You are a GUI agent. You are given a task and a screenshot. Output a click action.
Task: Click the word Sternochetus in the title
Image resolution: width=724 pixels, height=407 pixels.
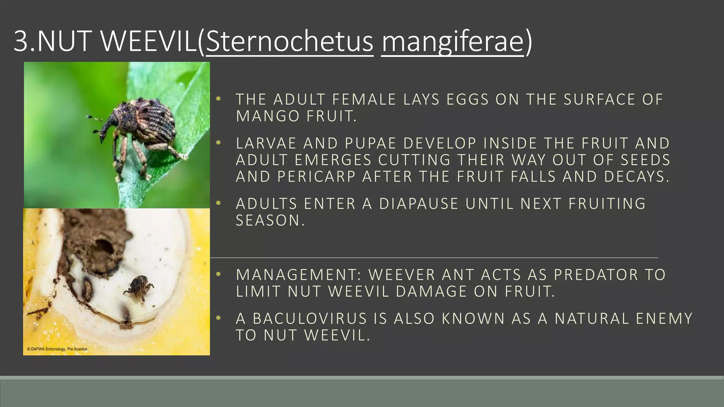click(289, 42)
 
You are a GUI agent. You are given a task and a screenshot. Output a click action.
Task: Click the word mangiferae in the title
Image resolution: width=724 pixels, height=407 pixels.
click(452, 42)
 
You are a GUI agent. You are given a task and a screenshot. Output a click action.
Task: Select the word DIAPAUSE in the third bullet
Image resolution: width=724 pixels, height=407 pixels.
click(419, 204)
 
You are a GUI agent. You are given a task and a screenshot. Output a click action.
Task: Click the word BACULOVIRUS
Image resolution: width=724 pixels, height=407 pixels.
click(310, 319)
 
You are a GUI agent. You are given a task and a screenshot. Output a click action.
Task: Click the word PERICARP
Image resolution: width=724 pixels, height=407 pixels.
click(316, 177)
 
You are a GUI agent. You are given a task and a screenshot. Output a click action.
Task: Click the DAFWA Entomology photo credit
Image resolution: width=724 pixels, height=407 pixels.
click(57, 349)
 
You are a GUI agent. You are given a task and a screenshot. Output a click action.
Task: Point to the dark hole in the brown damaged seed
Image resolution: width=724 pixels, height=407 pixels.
click(103, 247)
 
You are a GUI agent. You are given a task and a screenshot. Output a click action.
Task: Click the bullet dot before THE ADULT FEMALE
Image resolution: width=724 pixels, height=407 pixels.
click(218, 99)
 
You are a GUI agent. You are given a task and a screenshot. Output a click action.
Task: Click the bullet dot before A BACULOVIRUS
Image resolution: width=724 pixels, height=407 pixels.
click(218, 318)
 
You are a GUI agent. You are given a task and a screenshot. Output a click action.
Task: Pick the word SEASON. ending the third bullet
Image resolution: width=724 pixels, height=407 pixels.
click(270, 221)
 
